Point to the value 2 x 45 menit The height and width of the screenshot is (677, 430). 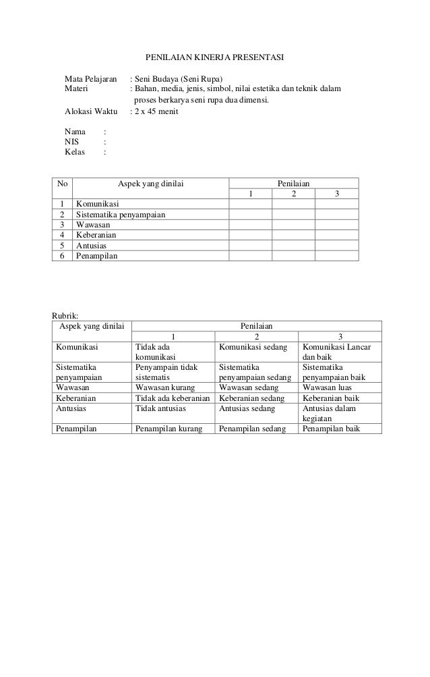click(x=156, y=112)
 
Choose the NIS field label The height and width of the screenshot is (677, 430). click(x=71, y=142)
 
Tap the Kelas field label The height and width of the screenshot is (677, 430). click(x=75, y=153)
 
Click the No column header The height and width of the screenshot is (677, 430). click(x=63, y=183)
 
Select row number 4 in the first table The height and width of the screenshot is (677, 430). click(x=62, y=236)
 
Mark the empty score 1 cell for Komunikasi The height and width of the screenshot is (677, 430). click(x=251, y=204)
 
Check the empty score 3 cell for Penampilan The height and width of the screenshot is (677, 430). click(x=336, y=256)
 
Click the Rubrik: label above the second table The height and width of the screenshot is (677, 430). click(x=65, y=314)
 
